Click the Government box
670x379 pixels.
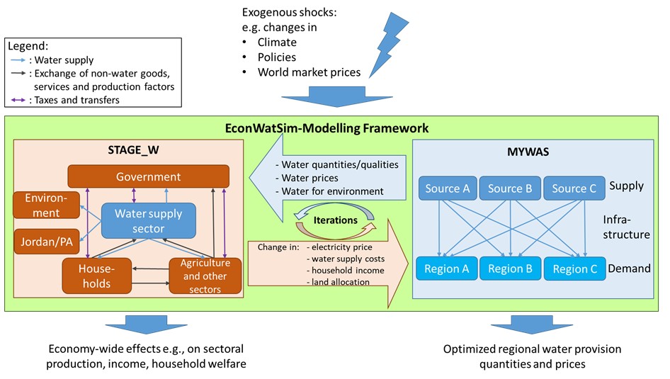[148, 176]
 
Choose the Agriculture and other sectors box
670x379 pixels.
[205, 275]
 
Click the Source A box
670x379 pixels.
[447, 188]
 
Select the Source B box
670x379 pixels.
[510, 188]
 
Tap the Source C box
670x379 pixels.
[574, 188]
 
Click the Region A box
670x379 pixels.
[447, 269]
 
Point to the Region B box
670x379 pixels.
[510, 269]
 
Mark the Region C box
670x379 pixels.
[574, 269]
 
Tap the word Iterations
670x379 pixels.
[335, 220]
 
